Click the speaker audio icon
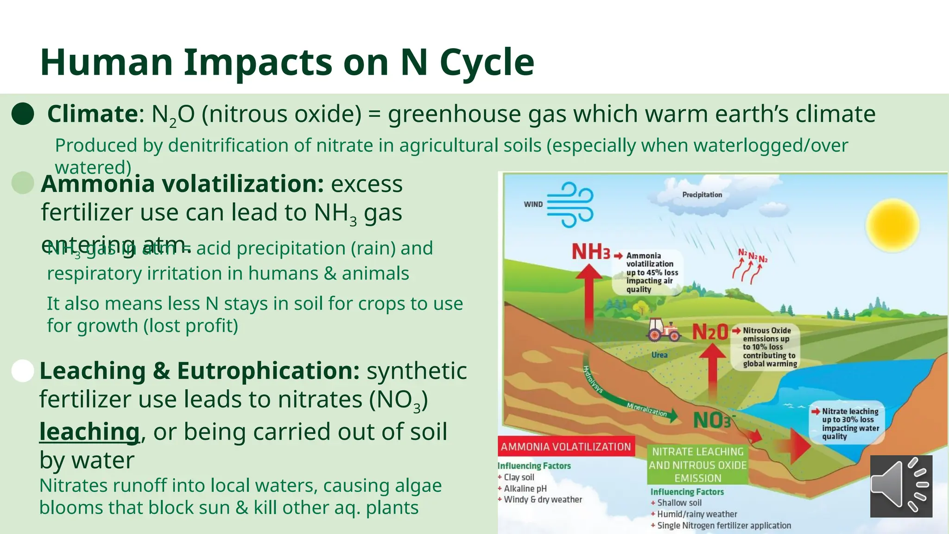(901, 486)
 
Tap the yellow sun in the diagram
(892, 225)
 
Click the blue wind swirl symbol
(570, 204)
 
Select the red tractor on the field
(664, 330)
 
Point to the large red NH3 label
(591, 252)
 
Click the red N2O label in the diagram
(710, 332)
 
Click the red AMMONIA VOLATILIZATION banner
(566, 446)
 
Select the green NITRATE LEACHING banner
(698, 464)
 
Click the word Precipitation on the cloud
(702, 195)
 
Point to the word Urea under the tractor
(659, 355)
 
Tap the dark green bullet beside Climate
(23, 114)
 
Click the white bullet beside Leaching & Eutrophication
(23, 371)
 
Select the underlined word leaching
(89, 432)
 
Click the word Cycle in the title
(487, 62)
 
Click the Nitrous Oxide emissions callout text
(769, 347)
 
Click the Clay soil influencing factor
(519, 477)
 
